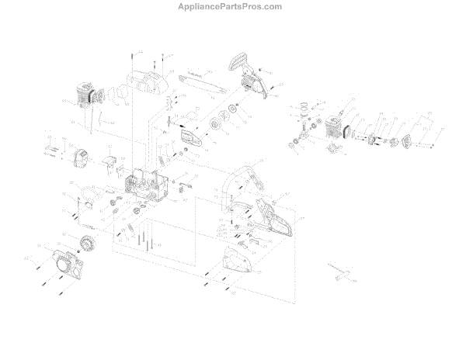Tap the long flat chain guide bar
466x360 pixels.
click(203, 82)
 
